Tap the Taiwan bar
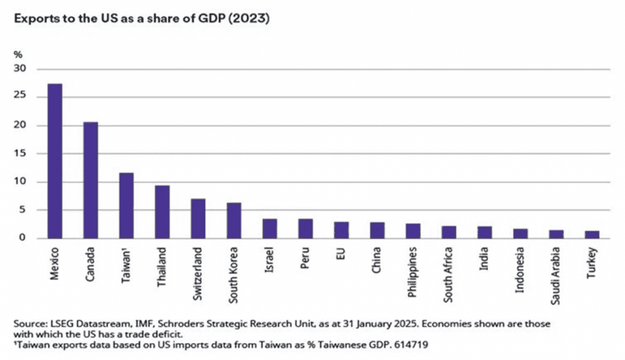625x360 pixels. (x=126, y=206)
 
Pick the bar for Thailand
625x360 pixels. (x=162, y=212)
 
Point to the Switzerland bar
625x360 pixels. (x=198, y=218)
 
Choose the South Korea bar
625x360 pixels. (x=234, y=220)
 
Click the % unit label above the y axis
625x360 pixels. (x=18, y=55)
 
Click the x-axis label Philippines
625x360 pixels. (x=413, y=272)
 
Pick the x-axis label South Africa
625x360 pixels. (x=449, y=274)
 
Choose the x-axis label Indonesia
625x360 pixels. (x=520, y=270)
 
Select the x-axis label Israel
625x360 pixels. (x=269, y=259)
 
